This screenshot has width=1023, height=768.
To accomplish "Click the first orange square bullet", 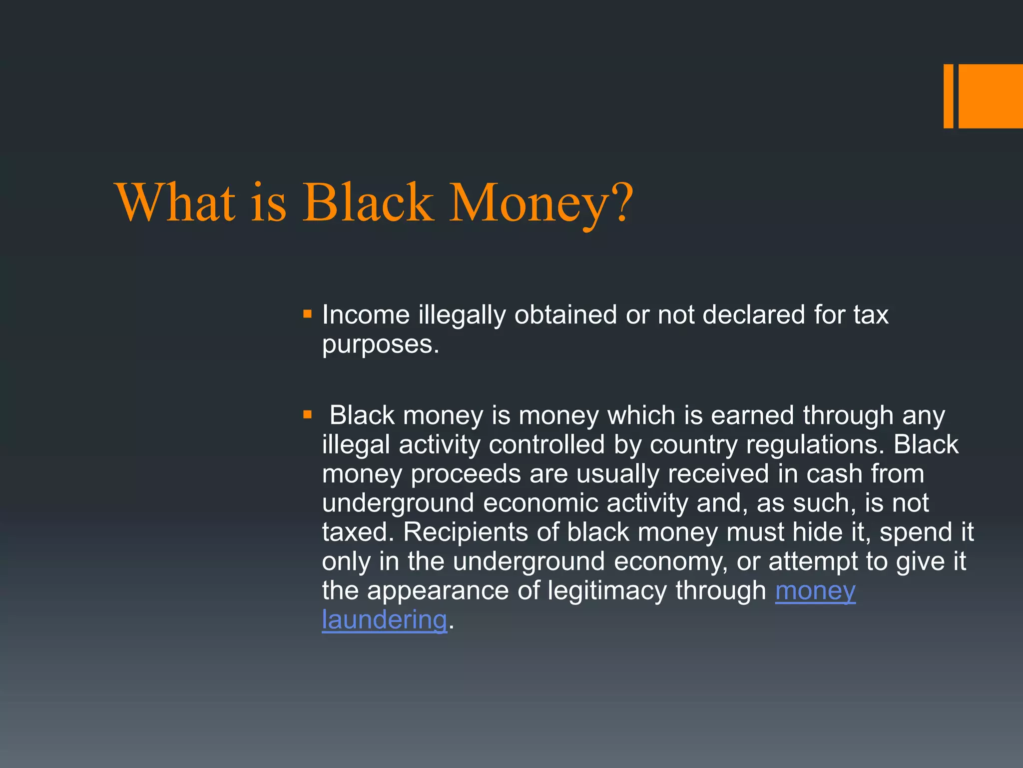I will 307,314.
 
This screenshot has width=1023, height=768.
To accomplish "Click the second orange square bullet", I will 307,414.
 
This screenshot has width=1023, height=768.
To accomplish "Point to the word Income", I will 366,315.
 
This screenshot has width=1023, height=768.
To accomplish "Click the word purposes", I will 380,345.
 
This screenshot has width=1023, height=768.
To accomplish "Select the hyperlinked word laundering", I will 384,620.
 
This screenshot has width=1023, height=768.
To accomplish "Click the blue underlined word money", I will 815,591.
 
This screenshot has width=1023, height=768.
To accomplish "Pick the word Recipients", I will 465,532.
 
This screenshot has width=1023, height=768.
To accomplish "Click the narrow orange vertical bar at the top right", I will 948,96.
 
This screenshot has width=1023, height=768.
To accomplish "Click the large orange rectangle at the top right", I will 990,96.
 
